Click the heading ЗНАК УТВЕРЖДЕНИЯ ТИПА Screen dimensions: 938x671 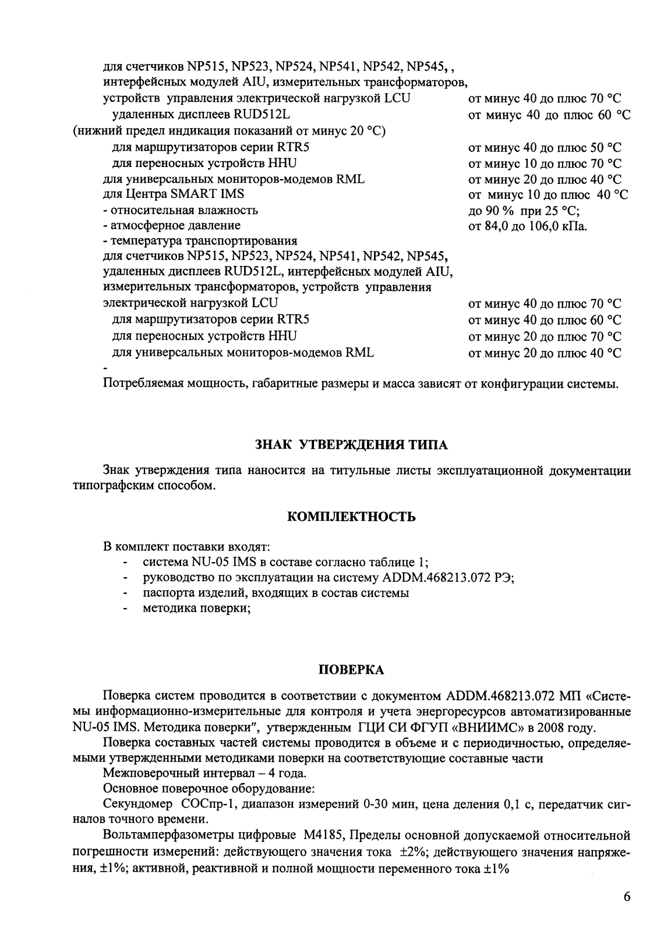[352, 445]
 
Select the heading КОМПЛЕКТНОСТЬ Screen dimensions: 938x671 [352, 516]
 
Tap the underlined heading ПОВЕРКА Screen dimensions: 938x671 [352, 670]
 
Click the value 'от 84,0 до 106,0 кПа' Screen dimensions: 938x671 [528, 225]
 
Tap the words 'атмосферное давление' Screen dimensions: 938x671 [175, 225]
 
